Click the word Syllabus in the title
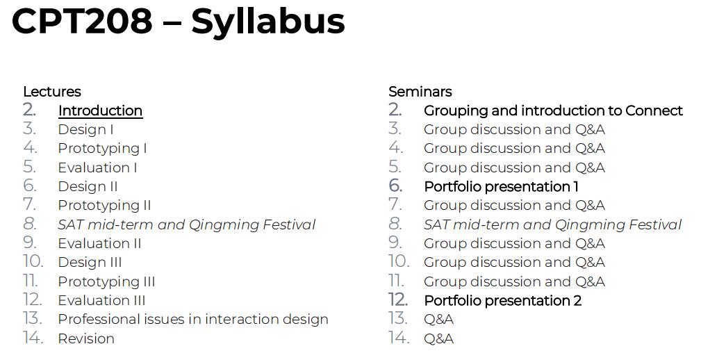pos(267,21)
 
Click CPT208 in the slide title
pos(82,21)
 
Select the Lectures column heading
pos(52,92)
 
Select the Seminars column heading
pos(420,92)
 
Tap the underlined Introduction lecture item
pos(100,111)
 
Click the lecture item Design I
pos(85,129)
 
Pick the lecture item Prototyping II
pos(104,205)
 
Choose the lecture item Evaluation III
pos(101,300)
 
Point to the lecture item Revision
pos(86,338)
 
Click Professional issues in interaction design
pos(192,319)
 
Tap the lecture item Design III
pos(90,262)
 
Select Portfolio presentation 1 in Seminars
pos(501,186)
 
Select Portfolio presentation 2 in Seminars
pos(502,300)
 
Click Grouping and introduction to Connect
pos(553,111)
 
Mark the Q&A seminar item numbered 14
pos(438,338)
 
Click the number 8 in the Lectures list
pos(29,224)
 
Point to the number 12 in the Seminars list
pos(398,300)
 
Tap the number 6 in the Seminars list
pos(395,186)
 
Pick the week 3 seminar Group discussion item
pos(514,129)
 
